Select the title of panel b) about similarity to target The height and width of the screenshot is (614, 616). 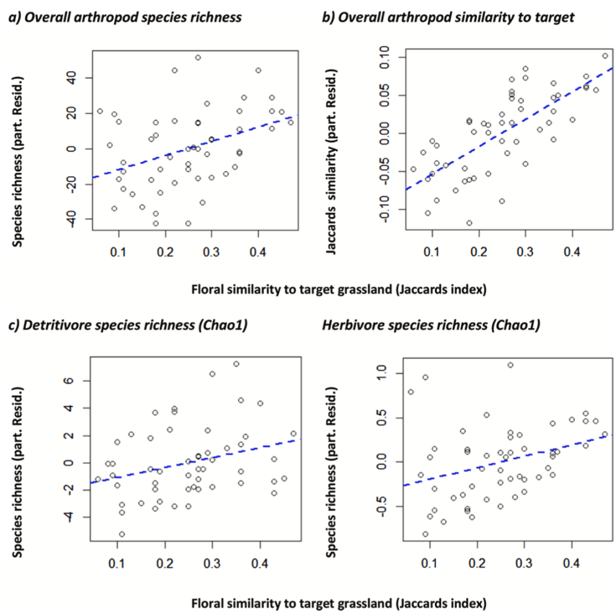[x=448, y=17]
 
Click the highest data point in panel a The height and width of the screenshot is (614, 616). [x=198, y=58]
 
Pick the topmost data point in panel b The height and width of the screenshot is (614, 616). [x=605, y=56]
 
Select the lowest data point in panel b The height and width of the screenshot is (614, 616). [x=469, y=223]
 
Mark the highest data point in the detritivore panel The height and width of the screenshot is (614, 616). [x=236, y=364]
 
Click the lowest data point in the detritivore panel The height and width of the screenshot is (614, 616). [x=122, y=534]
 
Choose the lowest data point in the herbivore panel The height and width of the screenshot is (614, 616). [x=425, y=534]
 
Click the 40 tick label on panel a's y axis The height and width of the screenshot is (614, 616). [x=79, y=78]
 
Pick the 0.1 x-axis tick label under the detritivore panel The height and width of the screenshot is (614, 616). [x=117, y=563]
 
